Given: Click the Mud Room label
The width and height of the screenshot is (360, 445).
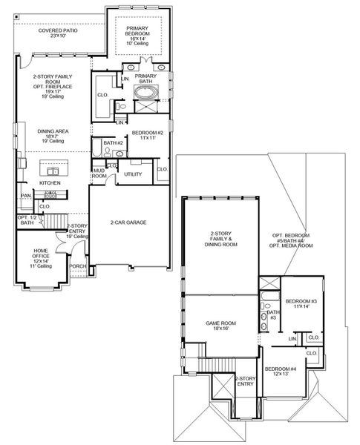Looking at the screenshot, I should (x=99, y=174).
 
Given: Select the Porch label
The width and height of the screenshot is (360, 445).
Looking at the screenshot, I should (x=77, y=266).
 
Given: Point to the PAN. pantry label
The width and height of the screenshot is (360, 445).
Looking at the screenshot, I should (x=25, y=196).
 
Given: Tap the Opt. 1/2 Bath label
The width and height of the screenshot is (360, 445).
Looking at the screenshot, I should (x=27, y=220).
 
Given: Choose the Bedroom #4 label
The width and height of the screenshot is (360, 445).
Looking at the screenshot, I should (x=281, y=372).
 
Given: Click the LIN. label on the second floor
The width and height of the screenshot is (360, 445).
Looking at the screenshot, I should (x=292, y=338).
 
